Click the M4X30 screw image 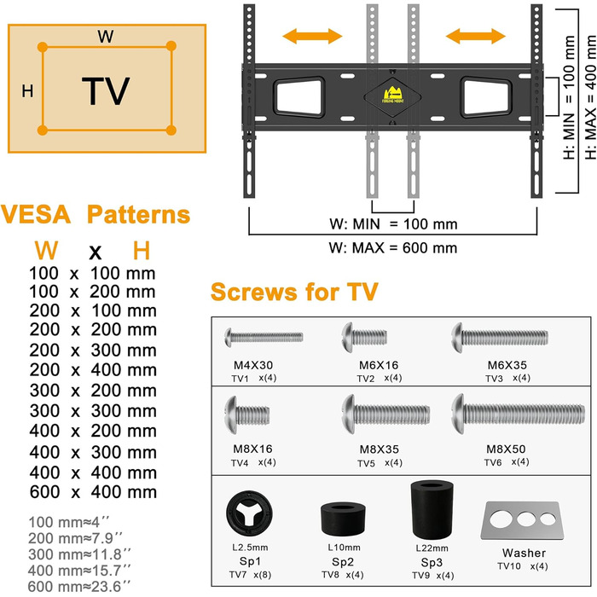[x=262, y=336]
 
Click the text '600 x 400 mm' [x=93, y=492]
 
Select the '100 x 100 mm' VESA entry [x=93, y=273]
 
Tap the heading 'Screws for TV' [x=294, y=293]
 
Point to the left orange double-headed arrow [x=313, y=35]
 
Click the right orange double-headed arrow [x=476, y=35]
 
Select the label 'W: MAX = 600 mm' [x=393, y=248]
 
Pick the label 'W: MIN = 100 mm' [x=393, y=224]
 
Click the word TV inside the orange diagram [x=106, y=90]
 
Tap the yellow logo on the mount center [x=393, y=90]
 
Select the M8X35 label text [x=374, y=448]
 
